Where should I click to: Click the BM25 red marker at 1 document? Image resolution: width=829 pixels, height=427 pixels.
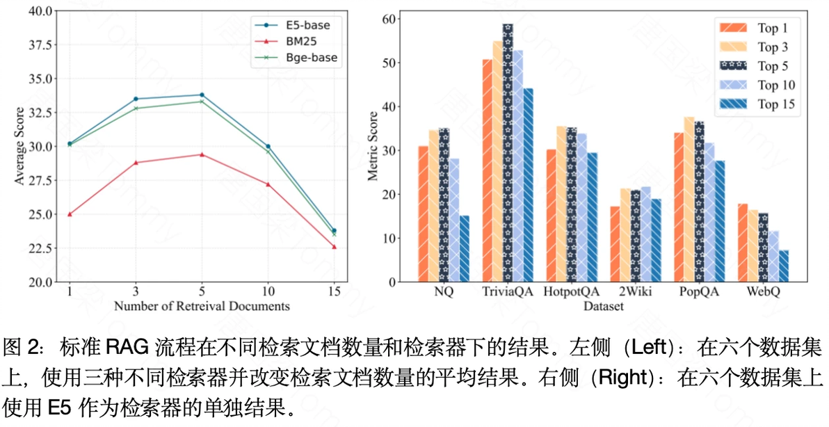coord(70,214)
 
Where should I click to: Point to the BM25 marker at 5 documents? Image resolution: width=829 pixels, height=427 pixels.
coord(202,154)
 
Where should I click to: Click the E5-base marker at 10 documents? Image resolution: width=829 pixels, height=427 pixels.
coord(268,146)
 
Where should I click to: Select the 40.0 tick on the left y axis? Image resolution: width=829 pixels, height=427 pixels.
coord(42,10)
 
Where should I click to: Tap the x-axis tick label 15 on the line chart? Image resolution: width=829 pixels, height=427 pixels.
coord(335,292)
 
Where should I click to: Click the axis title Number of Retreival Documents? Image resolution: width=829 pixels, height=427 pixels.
coord(202,306)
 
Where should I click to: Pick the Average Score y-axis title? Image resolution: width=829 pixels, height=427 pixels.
coord(19,146)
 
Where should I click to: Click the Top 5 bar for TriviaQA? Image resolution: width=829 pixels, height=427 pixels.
coord(508,153)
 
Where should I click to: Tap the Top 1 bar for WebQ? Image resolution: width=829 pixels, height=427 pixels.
coord(743,243)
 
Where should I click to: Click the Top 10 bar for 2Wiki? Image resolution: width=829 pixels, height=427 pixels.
coord(645,234)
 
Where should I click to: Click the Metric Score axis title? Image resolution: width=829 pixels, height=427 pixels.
coord(374,146)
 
